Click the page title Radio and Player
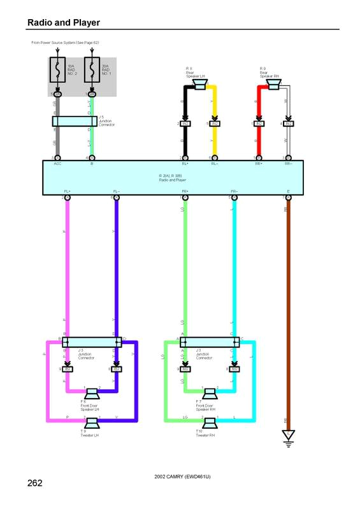pyautogui.click(x=63, y=23)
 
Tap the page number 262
pyautogui.click(x=35, y=483)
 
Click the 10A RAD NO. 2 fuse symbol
pyautogui.click(x=57, y=70)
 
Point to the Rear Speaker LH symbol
pyautogui.click(x=199, y=82)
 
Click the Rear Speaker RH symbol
pyautogui.click(x=273, y=82)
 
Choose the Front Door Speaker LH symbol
pyautogui.click(x=91, y=392)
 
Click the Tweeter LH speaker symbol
pyautogui.click(x=91, y=424)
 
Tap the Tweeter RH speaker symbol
pyautogui.click(x=209, y=424)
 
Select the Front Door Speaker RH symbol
pyautogui.click(x=209, y=392)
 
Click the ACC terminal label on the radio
pyautogui.click(x=57, y=164)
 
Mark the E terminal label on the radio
pyautogui.click(x=288, y=191)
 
